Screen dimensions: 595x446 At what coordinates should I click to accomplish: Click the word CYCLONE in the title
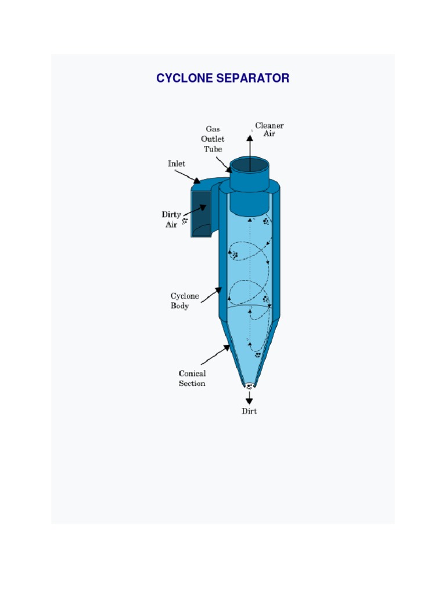coord(184,78)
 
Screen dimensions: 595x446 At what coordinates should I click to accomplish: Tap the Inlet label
coord(177,164)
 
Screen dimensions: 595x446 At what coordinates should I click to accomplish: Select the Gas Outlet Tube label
coord(213,139)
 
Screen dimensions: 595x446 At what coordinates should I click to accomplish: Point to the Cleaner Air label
coord(269,129)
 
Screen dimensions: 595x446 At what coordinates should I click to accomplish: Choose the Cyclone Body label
coord(185,301)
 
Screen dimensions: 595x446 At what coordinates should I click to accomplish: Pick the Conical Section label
coord(192,378)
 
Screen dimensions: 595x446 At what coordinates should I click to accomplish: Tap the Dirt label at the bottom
coord(249,411)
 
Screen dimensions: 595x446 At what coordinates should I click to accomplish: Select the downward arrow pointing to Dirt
coord(249,399)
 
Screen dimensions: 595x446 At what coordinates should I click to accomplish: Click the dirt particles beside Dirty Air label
coord(185,221)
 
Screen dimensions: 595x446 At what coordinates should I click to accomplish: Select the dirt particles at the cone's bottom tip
coord(249,386)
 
